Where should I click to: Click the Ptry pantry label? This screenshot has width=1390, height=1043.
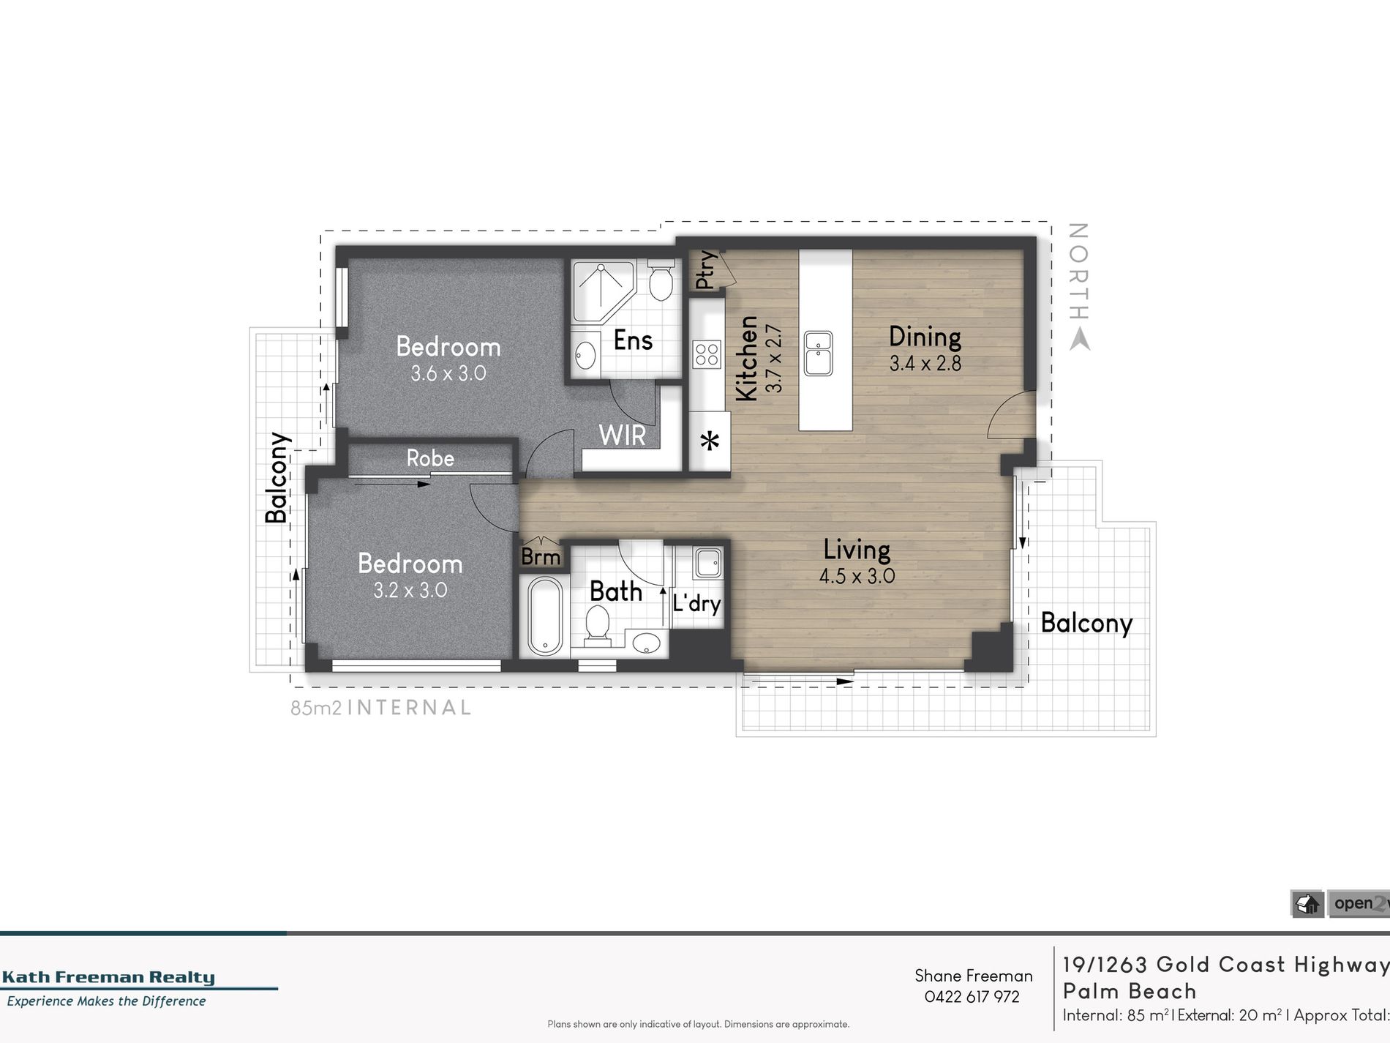[x=705, y=270]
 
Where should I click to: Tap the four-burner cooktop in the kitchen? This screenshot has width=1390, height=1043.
[x=707, y=354]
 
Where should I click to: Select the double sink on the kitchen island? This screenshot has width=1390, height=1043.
[x=818, y=353]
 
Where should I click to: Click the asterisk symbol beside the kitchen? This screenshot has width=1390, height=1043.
[x=710, y=442]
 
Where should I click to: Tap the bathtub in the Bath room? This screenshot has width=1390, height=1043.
[x=544, y=616]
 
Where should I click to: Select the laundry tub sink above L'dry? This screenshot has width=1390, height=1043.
[x=708, y=563]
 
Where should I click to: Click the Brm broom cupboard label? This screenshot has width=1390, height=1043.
[x=541, y=557]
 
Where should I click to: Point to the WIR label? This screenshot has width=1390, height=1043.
[x=623, y=435]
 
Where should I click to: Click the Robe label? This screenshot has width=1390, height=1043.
[x=430, y=458]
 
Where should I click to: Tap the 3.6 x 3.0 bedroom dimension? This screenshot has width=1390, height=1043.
[x=448, y=373]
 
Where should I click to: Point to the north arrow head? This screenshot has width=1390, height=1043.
[x=1079, y=340]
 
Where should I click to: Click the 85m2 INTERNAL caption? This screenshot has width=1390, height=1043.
[x=380, y=708]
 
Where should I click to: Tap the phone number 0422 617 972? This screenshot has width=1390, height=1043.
[x=972, y=996]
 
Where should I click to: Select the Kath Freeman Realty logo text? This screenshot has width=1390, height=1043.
[x=108, y=977]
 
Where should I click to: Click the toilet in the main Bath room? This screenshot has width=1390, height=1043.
[x=598, y=629]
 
